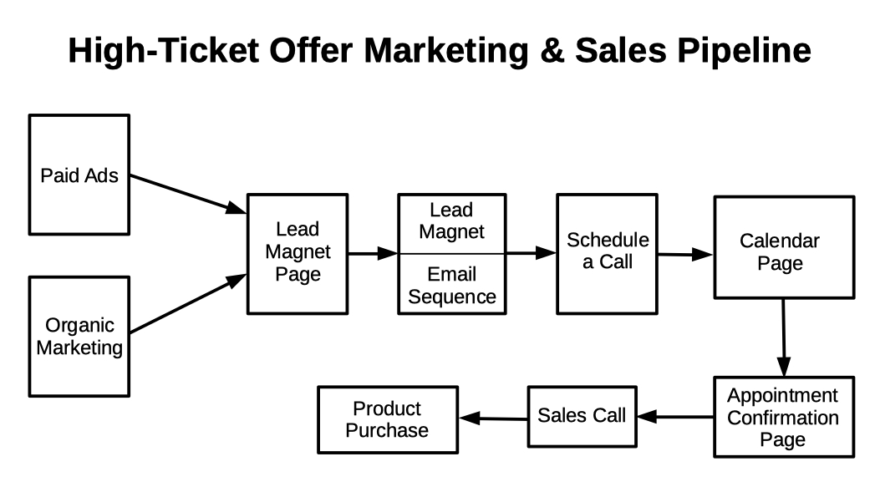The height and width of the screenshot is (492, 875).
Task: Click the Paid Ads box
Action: (79, 175)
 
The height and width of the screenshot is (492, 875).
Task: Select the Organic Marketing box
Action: (79, 336)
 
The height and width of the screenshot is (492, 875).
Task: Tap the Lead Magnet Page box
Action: (298, 253)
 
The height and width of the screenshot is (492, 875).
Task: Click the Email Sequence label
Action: (451, 285)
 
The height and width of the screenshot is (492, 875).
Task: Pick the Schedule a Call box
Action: (607, 252)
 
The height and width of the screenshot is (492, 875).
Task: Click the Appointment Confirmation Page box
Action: (783, 417)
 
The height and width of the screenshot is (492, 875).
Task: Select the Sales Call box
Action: (581, 416)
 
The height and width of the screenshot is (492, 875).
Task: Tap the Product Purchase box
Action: (387, 419)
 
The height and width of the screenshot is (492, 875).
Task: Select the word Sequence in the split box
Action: (452, 297)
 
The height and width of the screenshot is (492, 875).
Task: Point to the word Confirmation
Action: (783, 417)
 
